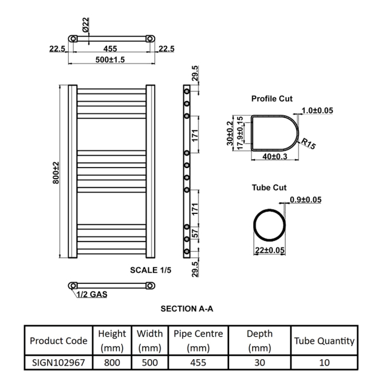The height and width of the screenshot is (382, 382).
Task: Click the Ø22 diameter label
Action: [x=86, y=25]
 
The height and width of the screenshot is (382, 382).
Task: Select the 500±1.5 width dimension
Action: [x=110, y=59]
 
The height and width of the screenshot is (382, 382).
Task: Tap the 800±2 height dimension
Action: [x=56, y=173]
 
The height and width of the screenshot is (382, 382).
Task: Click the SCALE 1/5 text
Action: [x=150, y=270]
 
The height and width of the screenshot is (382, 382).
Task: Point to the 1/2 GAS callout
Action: [x=92, y=294]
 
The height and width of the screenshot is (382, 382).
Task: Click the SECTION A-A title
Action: [x=187, y=309]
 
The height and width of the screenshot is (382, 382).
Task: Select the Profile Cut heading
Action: [x=272, y=99]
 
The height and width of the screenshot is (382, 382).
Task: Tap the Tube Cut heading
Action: [x=269, y=187]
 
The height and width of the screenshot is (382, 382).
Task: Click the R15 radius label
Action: [x=309, y=143]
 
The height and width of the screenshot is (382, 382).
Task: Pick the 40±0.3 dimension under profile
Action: [x=275, y=156]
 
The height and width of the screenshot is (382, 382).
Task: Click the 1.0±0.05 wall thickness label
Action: [x=317, y=110]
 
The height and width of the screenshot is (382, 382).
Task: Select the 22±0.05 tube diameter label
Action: [x=270, y=250]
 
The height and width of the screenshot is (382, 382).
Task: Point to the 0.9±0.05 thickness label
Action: [x=306, y=200]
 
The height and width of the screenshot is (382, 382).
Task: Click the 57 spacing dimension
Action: [x=195, y=233]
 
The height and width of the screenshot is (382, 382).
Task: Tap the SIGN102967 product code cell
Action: [x=58, y=363]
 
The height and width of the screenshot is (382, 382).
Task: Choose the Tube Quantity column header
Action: [x=324, y=341]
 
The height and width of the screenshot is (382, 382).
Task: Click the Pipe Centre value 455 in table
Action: [x=198, y=363]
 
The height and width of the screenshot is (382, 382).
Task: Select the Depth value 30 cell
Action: [x=260, y=363]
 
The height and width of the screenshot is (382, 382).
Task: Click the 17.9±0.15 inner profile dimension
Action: [x=240, y=133]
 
